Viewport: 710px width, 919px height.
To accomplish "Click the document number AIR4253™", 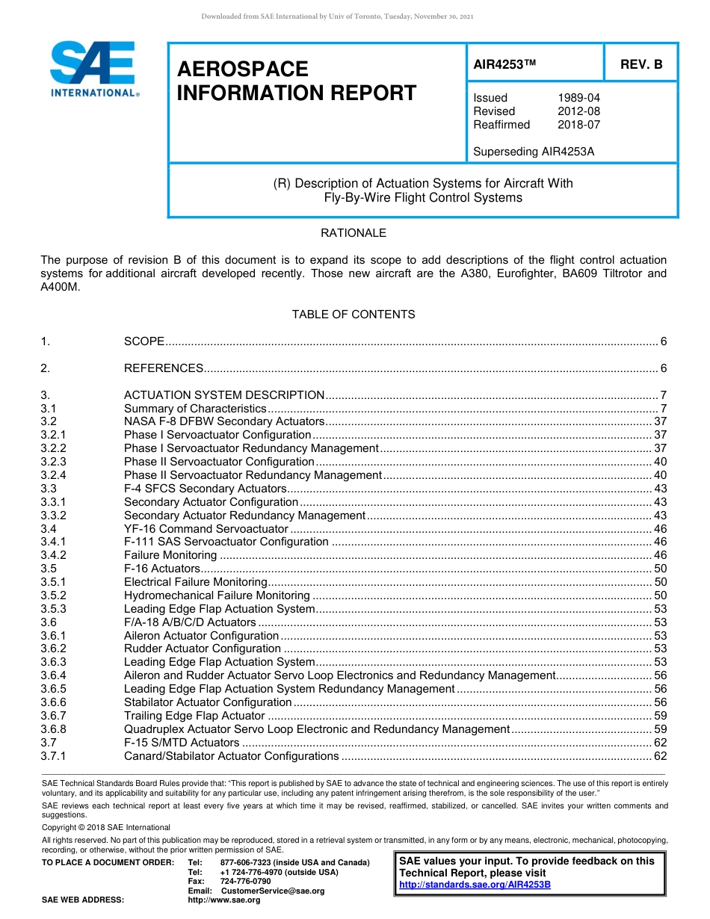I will coord(505,65).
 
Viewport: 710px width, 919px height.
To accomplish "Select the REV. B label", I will coord(640,65).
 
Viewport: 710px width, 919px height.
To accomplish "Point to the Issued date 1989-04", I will coord(578,98).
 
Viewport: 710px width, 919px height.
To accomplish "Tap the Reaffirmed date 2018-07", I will coord(578,125).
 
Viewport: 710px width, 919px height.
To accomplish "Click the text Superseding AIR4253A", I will coord(534,152).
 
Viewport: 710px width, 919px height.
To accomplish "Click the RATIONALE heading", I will coord(354,233).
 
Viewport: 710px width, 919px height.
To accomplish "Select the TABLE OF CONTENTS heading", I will coord(354,315).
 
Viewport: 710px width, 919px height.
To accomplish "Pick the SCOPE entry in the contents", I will coord(144,341).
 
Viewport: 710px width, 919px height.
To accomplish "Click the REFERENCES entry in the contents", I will coord(164,368).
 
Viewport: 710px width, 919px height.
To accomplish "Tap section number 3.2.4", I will coord(53,475).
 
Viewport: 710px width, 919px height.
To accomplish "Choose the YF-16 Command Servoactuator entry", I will coord(206,529).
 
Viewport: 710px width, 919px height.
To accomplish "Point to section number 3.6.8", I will coord(53,729).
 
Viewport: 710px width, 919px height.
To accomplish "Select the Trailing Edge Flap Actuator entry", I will coord(194,716).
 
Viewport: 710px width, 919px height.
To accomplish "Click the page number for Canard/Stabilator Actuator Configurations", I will coord(660,756).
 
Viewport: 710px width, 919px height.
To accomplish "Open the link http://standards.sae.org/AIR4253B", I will coord(475,885).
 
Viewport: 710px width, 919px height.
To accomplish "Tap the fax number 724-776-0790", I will coord(245,882).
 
